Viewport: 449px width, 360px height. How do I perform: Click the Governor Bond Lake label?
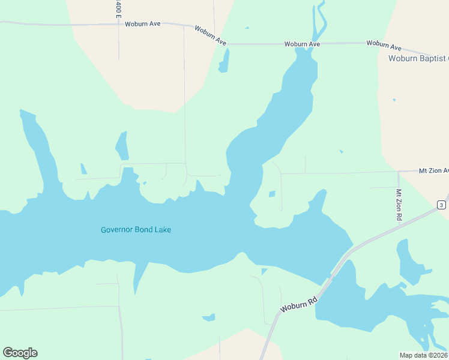click(136, 230)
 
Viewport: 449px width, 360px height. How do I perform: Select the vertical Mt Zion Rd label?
click(399, 205)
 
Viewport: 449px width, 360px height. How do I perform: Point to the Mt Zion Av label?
click(433, 171)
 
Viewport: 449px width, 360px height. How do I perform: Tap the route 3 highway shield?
click(441, 205)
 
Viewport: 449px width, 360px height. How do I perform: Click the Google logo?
click(20, 353)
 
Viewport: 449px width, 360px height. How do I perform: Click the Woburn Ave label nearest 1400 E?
click(147, 24)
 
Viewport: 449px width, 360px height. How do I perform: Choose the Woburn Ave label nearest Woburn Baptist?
click(384, 44)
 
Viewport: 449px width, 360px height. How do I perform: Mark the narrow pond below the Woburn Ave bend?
click(224, 61)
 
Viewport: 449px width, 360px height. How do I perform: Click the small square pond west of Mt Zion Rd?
click(272, 194)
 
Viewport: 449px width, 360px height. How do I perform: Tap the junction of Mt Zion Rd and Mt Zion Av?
click(398, 172)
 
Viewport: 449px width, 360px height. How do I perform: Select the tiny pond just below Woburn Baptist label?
click(394, 100)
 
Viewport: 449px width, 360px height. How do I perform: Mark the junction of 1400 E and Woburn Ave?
click(118, 25)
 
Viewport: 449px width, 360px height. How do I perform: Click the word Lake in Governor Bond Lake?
click(161, 230)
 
